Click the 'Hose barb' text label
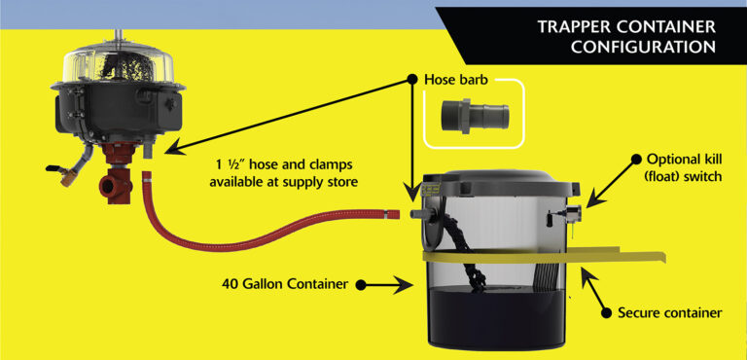(457, 77)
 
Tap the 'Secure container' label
(669, 313)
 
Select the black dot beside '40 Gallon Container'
(361, 285)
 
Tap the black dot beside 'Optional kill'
(638, 159)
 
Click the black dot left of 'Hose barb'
(412, 77)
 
